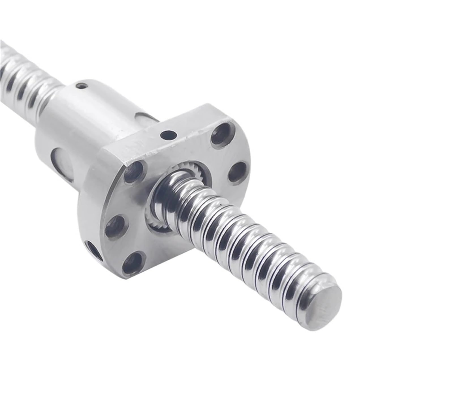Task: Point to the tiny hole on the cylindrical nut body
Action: (82, 85)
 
